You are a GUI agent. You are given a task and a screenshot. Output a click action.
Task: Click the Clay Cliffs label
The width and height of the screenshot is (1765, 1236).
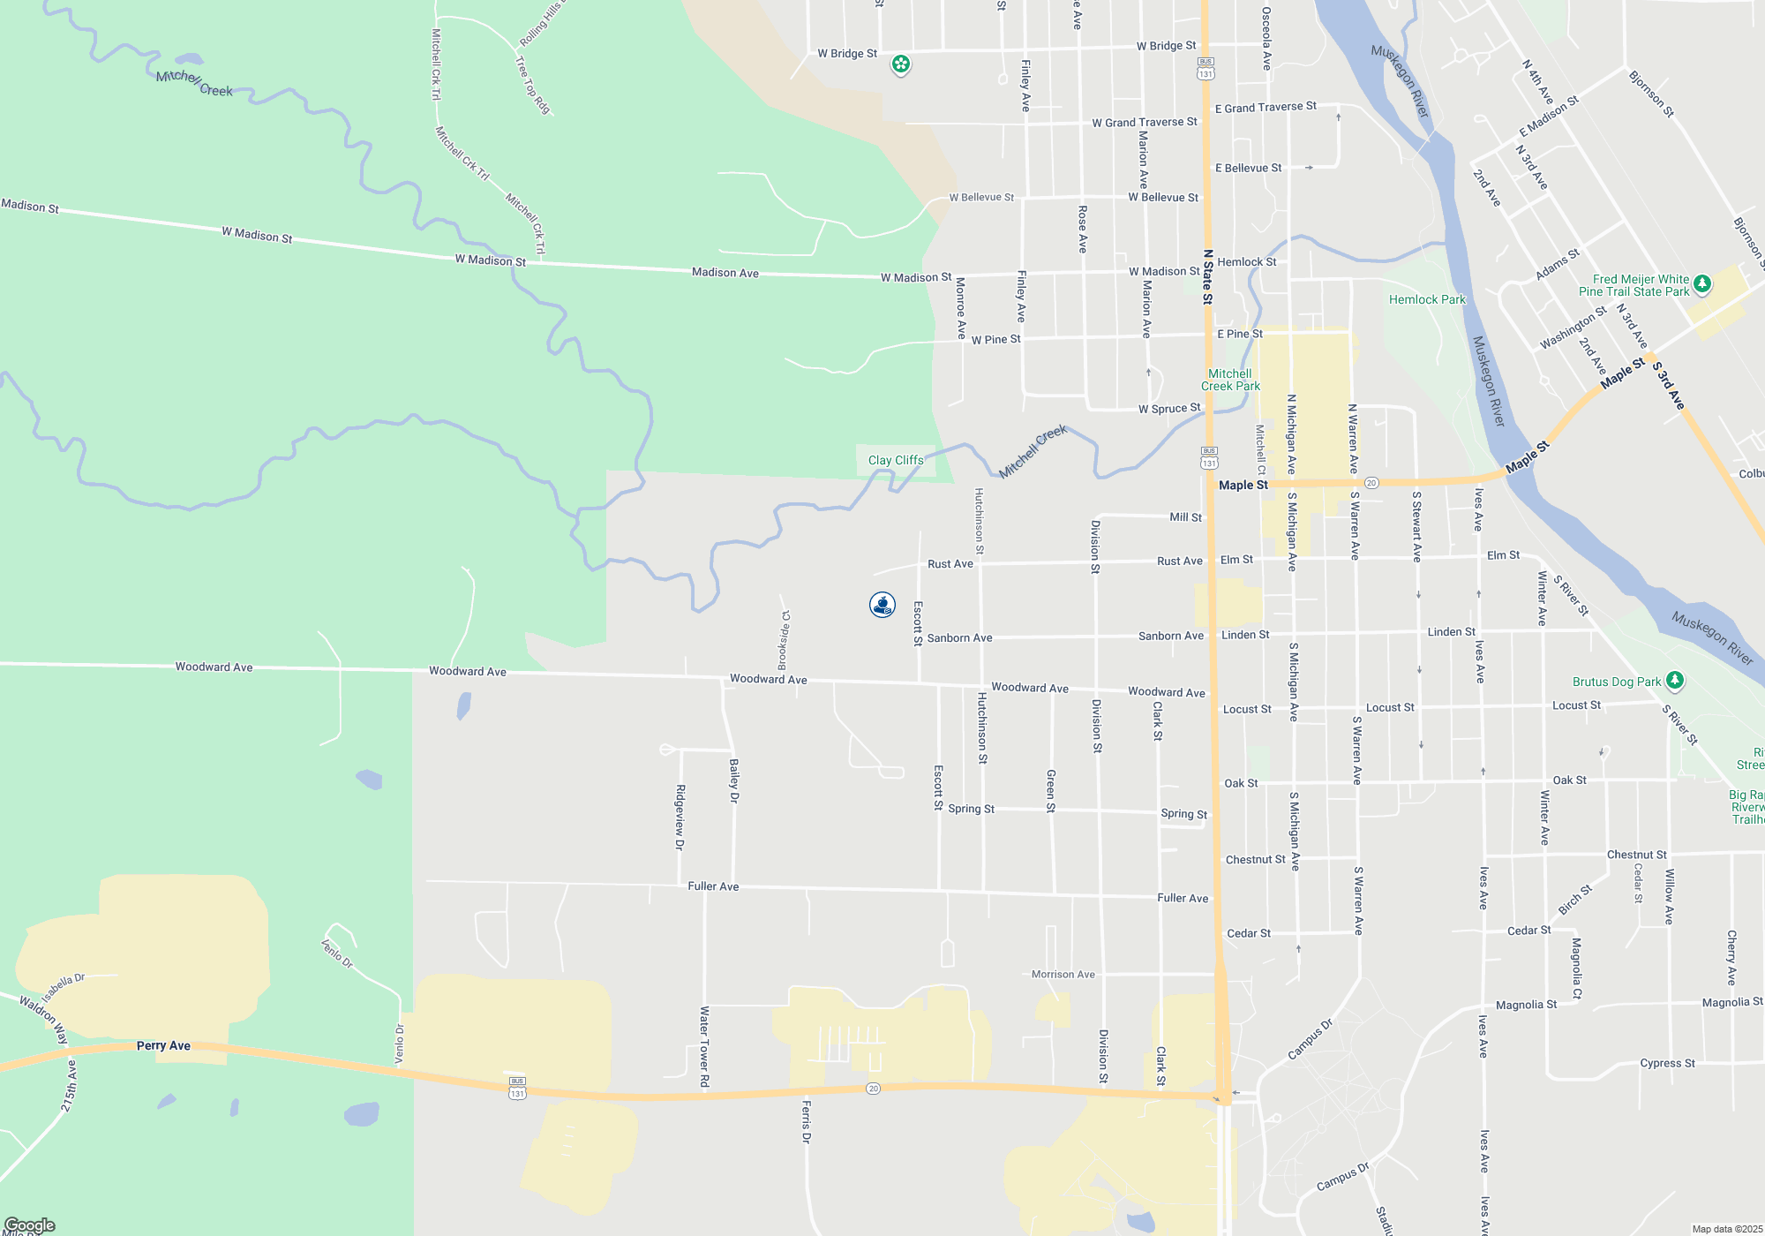coord(896,460)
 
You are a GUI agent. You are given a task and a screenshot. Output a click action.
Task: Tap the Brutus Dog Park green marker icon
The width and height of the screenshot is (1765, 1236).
coord(1675,681)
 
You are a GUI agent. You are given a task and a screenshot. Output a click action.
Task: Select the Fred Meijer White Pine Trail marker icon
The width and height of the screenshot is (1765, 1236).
coord(1702,284)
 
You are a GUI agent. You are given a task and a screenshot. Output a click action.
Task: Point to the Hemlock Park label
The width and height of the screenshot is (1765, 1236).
coord(1427,300)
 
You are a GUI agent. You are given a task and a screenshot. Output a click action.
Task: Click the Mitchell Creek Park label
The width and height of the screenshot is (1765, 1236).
coord(1230,380)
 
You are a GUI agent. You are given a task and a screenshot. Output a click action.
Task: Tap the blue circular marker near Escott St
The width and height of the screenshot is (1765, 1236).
coord(882,605)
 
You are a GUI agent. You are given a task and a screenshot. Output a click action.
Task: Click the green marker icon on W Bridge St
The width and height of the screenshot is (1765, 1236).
coord(900,64)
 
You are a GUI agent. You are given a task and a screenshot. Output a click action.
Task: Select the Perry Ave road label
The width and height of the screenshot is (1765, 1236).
coord(163,1045)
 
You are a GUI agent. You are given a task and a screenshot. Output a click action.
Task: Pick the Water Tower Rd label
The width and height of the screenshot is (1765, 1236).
coord(704,1046)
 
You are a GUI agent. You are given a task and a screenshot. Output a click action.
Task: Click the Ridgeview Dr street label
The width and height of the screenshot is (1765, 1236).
coord(680,817)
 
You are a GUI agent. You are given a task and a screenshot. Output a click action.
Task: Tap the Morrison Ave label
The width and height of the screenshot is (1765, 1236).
coord(1063,975)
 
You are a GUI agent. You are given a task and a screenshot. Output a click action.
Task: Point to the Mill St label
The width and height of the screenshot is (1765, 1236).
coord(1185,517)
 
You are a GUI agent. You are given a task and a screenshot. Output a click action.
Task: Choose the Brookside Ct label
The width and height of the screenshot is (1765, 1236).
coord(784,640)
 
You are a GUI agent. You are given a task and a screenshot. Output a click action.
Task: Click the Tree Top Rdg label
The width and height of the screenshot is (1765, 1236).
coord(532,86)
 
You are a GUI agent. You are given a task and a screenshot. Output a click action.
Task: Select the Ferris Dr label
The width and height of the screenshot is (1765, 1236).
coord(806,1121)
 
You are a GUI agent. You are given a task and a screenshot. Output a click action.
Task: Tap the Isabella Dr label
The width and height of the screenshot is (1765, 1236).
coord(63,987)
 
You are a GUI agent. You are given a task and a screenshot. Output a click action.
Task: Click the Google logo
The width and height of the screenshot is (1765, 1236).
coord(29,1225)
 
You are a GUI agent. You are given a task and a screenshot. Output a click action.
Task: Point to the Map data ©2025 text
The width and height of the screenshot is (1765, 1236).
coord(1727,1229)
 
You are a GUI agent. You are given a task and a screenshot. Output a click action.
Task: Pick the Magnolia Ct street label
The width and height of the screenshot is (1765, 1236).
coord(1577,968)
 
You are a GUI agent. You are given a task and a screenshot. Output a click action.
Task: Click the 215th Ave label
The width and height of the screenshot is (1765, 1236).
coord(70,1085)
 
